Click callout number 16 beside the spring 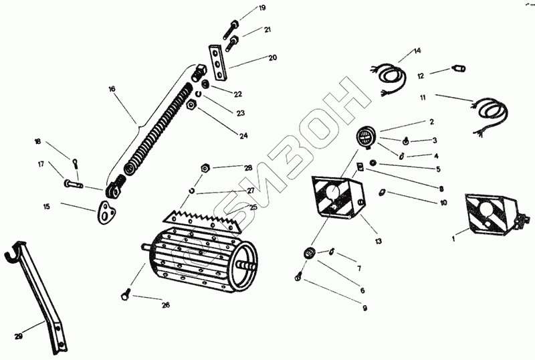point(112,89)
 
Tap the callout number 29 point(19,337)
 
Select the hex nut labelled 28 point(205,168)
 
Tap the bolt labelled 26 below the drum point(126,294)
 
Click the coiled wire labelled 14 point(389,78)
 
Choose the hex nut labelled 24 point(191,105)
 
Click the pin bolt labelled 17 point(74,184)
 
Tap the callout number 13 point(378,241)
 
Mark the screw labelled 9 point(298,276)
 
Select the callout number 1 point(453,239)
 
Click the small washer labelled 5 point(373,163)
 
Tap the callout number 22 point(238,94)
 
